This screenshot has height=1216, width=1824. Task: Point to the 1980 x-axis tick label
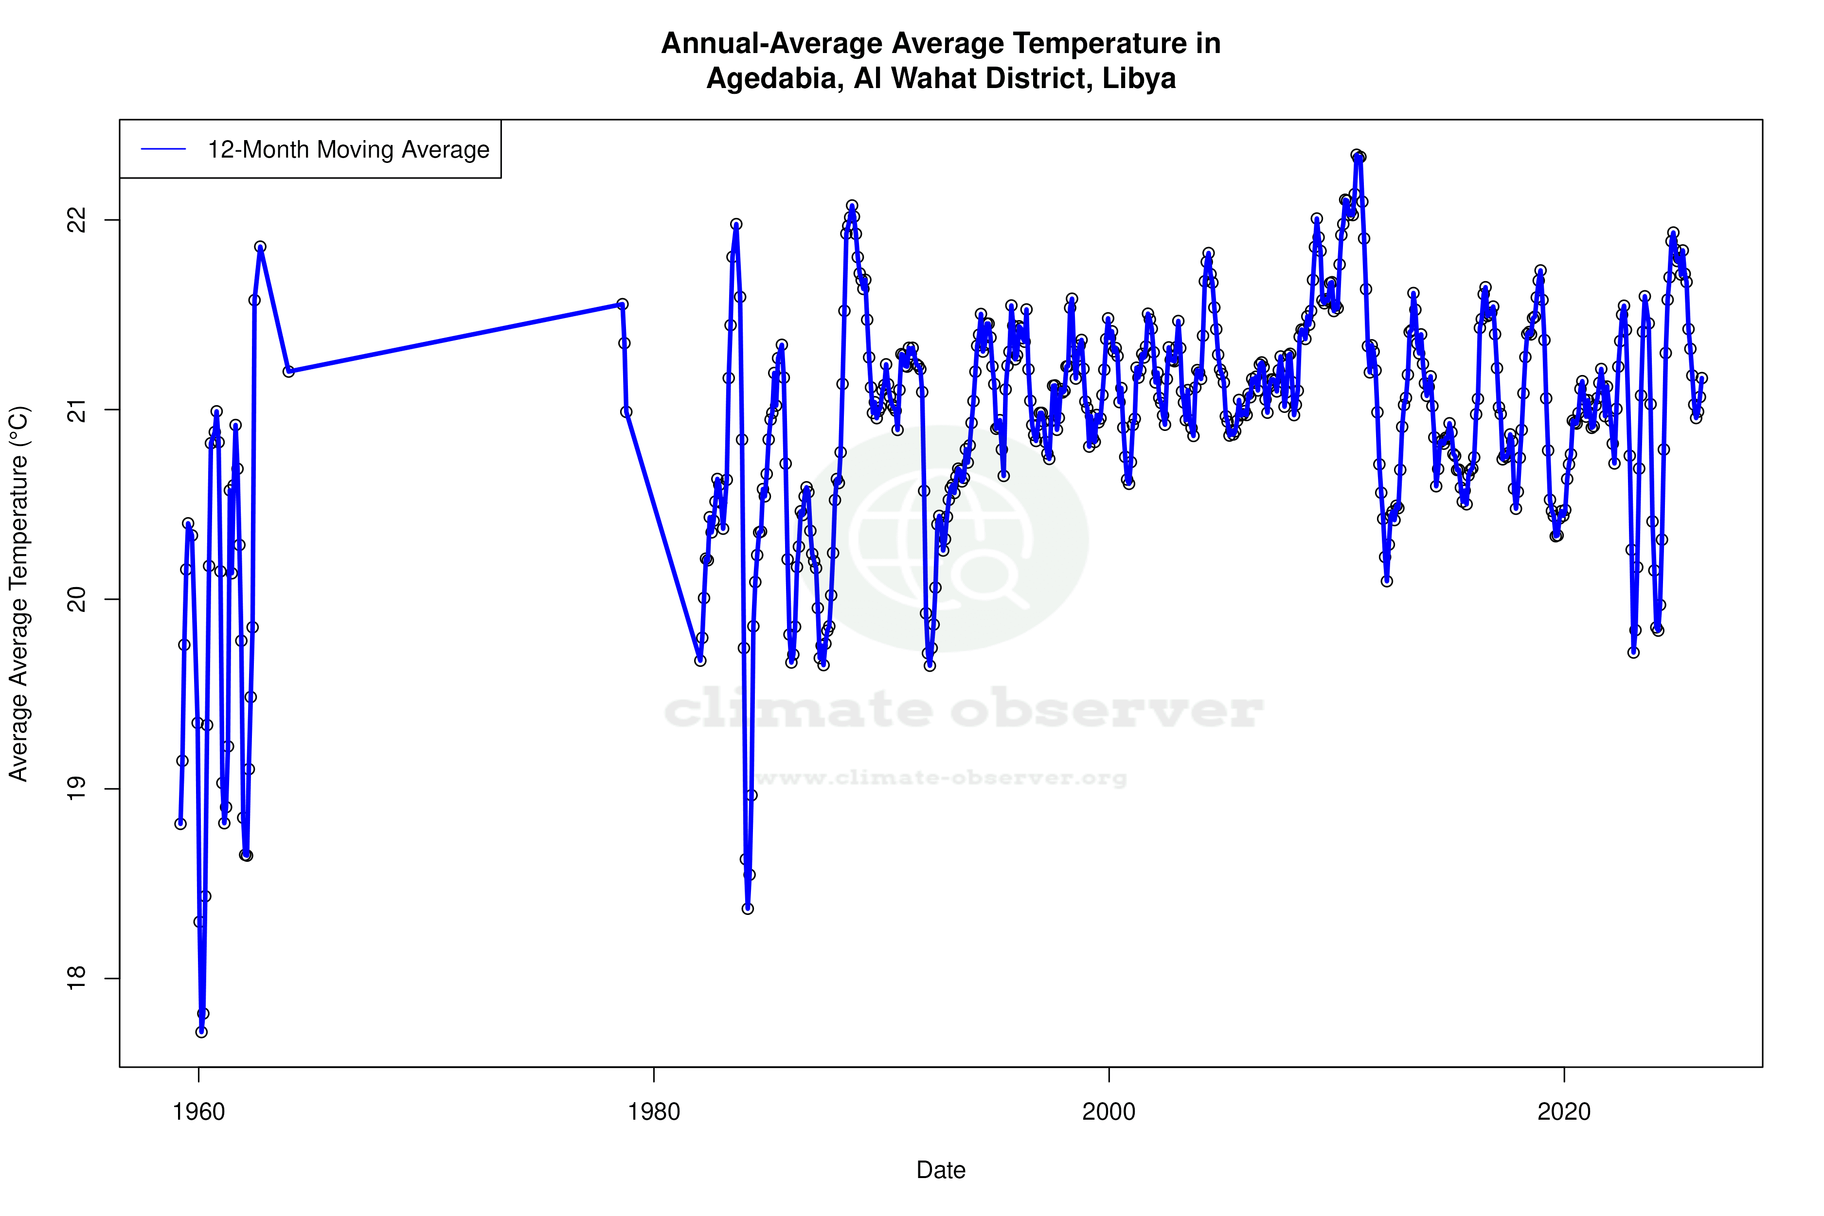[654, 1112]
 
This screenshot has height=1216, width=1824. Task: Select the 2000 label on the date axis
[1109, 1112]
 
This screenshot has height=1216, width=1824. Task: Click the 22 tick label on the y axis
[77, 220]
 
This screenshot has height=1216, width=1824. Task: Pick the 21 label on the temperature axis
[77, 410]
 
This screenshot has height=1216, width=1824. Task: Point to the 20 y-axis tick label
[77, 599]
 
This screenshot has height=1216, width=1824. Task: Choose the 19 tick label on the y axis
[77, 788]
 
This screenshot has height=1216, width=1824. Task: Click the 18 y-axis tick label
[77, 979]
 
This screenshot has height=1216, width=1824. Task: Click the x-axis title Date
[941, 1170]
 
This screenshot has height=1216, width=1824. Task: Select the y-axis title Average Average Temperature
[18, 593]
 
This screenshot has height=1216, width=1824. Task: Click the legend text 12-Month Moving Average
[348, 150]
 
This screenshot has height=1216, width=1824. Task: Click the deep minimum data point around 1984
[748, 908]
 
